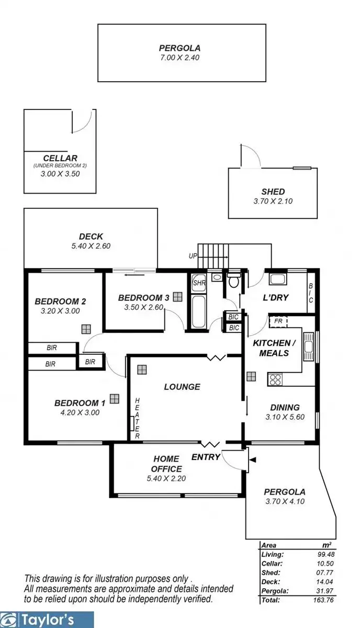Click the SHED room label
tap(273, 192)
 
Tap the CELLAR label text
tap(60, 158)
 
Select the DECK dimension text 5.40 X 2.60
tap(91, 245)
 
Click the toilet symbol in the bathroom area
tap(233, 281)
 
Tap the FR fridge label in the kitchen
tap(278, 321)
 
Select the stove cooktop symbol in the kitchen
tap(275, 379)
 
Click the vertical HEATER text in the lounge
tap(137, 418)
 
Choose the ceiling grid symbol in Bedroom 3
tap(178, 297)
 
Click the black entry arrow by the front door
tap(252, 460)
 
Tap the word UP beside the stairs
tap(193, 256)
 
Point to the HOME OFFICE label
tap(167, 464)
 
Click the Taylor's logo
tap(47, 620)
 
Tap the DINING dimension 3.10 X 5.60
tap(285, 417)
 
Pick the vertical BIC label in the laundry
tap(310, 294)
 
